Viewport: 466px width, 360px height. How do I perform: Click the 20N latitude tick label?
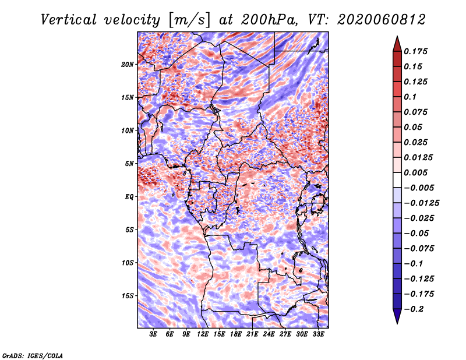click(x=128, y=65)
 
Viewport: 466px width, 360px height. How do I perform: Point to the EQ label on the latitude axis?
click(x=129, y=197)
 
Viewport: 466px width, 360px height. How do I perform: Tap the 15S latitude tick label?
click(x=128, y=296)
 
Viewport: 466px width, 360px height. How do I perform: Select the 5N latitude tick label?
click(x=129, y=164)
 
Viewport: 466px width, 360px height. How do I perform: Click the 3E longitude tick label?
click(x=153, y=334)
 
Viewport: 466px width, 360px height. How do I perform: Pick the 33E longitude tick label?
click(x=318, y=334)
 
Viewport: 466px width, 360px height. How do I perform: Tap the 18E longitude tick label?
click(x=236, y=334)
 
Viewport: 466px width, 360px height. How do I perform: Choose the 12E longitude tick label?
click(x=203, y=334)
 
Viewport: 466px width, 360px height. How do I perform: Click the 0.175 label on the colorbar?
click(x=415, y=51)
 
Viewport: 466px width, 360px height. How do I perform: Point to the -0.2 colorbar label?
click(x=414, y=309)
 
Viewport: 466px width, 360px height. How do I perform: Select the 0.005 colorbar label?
click(x=415, y=172)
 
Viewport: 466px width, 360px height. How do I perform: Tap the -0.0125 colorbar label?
click(x=421, y=203)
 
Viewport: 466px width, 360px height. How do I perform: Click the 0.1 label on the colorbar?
click(x=410, y=97)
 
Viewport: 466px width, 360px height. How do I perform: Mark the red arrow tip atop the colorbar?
click(x=397, y=36)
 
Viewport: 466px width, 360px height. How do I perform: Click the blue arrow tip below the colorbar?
click(x=397, y=323)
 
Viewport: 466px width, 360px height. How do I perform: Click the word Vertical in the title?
click(x=69, y=20)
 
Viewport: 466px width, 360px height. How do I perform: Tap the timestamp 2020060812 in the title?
click(x=382, y=20)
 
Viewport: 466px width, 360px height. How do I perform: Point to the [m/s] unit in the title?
click(x=189, y=20)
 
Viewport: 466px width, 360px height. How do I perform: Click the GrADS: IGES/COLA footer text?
click(x=33, y=355)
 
